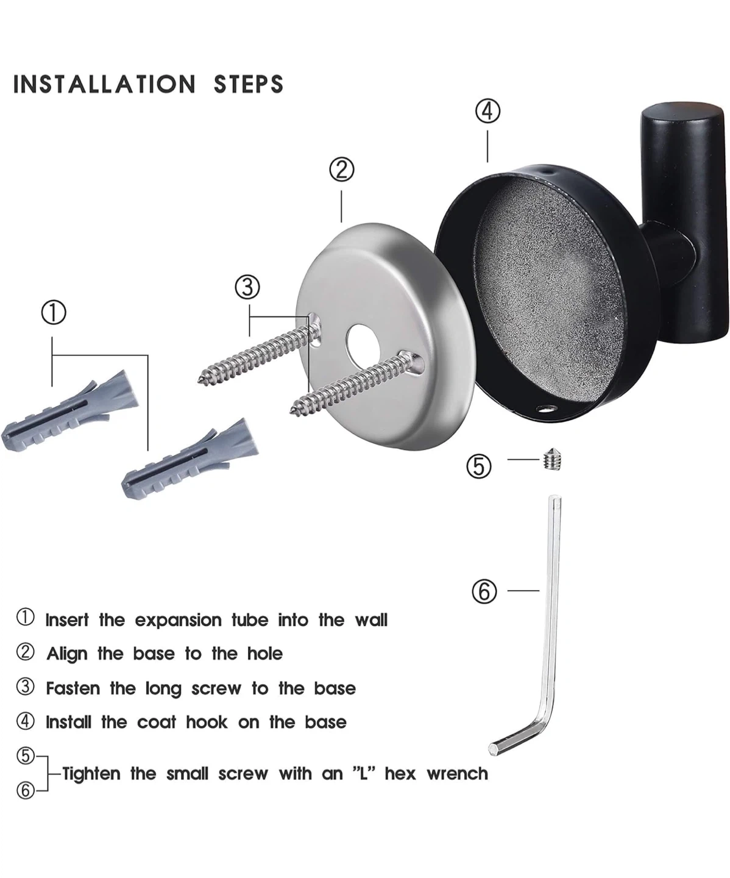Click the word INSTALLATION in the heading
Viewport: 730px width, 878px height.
coord(104,84)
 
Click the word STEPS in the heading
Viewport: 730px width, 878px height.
coord(249,84)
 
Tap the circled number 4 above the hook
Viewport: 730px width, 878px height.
coord(487,112)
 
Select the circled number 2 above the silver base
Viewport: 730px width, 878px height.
coord(341,170)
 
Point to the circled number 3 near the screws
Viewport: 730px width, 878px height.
coord(247,287)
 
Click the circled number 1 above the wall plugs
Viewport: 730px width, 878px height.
coord(54,312)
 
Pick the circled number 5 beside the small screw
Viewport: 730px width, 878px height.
coord(479,466)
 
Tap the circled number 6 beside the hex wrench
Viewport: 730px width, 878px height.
coord(484,591)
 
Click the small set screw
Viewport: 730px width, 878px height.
coord(553,460)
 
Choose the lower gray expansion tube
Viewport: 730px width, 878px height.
coord(190,459)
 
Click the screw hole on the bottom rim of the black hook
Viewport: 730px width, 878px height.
coord(546,409)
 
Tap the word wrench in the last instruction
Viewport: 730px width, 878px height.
coord(457,774)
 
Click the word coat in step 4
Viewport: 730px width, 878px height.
coord(157,723)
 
